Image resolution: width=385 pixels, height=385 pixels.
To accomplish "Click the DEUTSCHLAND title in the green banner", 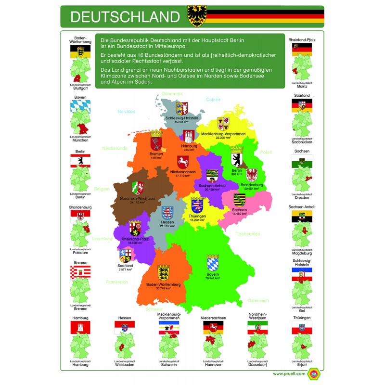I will point(125,17).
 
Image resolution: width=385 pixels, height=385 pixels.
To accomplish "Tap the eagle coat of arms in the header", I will point(197,17).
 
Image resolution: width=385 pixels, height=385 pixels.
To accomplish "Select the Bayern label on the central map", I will point(212,274).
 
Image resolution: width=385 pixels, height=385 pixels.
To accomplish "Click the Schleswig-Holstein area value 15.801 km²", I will point(182,122).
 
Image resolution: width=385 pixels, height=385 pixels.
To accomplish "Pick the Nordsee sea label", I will point(127,111).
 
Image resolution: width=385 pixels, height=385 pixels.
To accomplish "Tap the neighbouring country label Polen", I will point(266,152).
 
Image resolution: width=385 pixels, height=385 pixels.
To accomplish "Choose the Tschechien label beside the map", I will point(248,234).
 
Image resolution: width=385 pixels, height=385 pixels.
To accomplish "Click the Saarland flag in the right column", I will point(302,105).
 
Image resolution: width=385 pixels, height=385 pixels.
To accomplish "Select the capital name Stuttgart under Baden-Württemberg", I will point(81,89).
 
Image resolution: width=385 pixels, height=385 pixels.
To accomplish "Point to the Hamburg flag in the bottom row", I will point(81,328).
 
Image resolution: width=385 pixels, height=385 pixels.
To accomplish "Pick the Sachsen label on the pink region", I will point(239,210).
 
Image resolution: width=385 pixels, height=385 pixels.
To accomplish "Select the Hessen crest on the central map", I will point(167,212).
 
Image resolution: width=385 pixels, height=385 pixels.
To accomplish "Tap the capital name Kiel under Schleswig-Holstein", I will point(302,311).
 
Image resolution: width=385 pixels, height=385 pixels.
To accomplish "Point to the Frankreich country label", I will point(117,282).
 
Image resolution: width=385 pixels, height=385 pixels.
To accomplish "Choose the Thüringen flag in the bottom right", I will point(302,328).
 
